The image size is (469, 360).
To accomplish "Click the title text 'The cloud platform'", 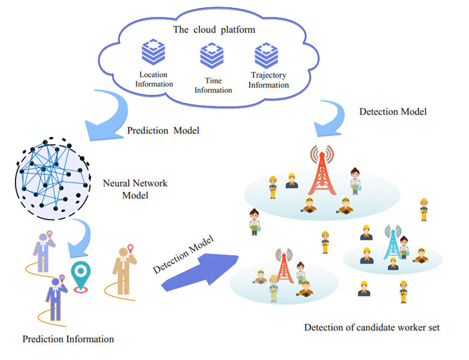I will [213, 29].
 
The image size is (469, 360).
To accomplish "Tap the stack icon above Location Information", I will [153, 53].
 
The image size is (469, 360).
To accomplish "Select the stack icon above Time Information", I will [212, 56].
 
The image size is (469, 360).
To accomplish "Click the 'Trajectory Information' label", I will [268, 80].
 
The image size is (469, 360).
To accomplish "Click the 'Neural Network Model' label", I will [135, 189].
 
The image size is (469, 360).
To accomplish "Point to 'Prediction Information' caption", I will [68, 339].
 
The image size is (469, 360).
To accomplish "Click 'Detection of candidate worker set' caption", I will [372, 328].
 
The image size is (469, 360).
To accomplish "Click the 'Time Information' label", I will [213, 85].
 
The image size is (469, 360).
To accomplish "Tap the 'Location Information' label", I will [154, 79].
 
